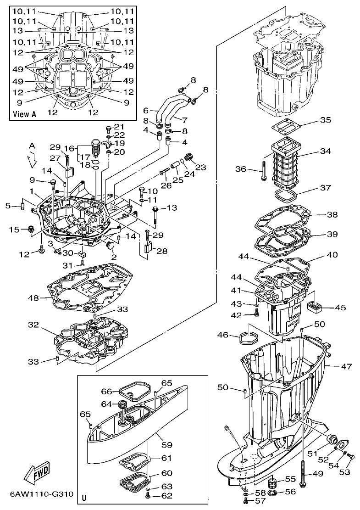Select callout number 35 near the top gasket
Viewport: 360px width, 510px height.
(x=325, y=120)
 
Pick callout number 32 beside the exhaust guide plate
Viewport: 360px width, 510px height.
(x=33, y=325)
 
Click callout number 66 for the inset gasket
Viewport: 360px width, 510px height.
(x=106, y=391)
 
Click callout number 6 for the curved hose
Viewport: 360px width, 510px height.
(x=146, y=110)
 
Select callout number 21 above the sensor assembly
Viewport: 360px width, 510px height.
(x=119, y=127)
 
